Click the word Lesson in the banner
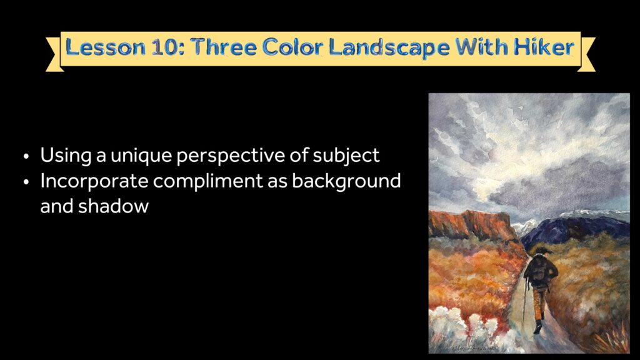coord(105,47)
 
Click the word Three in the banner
coord(224,47)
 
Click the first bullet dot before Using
coord(26,156)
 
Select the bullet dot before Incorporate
coord(26,182)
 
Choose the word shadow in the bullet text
coord(114,206)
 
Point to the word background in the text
coord(346,181)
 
